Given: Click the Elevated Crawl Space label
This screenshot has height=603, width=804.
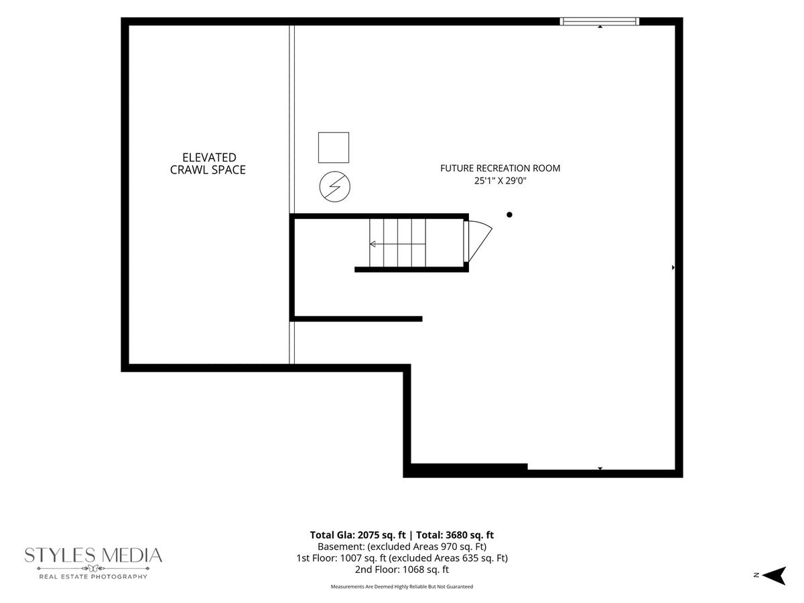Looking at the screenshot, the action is click(x=208, y=163).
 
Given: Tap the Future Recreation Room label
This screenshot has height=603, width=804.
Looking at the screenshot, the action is click(x=500, y=168).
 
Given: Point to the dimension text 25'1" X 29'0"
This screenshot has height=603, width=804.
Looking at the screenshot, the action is click(x=500, y=180).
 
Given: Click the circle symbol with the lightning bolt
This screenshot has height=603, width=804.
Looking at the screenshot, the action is click(x=335, y=187).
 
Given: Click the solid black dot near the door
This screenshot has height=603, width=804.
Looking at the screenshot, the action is click(x=509, y=215).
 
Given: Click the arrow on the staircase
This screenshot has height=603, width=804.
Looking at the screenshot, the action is click(x=397, y=244).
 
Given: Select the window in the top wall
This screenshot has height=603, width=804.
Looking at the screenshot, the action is click(x=600, y=21).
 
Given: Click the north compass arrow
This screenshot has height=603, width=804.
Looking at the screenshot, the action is click(x=775, y=576).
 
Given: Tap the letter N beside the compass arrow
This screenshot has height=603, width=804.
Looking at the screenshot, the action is click(x=756, y=576).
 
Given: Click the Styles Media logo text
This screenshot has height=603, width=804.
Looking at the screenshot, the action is click(x=93, y=555).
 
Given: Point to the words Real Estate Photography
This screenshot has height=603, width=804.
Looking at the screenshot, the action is click(x=93, y=577).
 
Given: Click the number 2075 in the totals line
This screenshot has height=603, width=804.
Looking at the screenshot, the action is click(x=369, y=535).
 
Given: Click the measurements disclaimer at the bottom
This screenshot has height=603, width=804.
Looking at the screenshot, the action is click(x=402, y=586).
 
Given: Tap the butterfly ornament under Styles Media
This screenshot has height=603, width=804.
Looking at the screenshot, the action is click(x=93, y=568).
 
